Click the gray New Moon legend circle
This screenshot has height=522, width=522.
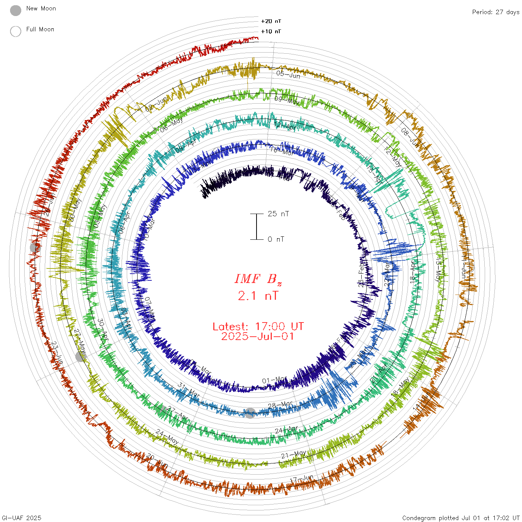point(16,11)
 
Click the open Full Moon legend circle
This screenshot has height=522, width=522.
point(16,31)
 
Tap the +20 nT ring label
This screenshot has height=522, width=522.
point(271,21)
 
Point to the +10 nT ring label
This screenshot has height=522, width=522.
point(271,31)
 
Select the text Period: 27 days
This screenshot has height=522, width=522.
point(496,12)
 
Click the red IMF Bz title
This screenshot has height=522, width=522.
point(258,279)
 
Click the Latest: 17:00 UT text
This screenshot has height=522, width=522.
point(258,327)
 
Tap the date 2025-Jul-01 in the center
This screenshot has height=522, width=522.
point(258,336)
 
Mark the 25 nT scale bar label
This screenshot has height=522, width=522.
point(278,214)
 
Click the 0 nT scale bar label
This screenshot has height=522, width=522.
point(276,239)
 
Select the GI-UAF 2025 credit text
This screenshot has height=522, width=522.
point(21,518)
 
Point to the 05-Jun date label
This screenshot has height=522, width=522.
point(288,74)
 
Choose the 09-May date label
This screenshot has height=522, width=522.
point(287,100)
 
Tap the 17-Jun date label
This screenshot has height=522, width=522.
point(302,478)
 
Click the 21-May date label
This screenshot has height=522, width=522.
point(293,455)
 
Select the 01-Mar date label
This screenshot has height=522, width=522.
point(274,380)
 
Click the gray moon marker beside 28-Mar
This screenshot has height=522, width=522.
point(250,413)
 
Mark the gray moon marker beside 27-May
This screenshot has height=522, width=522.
point(81,356)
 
